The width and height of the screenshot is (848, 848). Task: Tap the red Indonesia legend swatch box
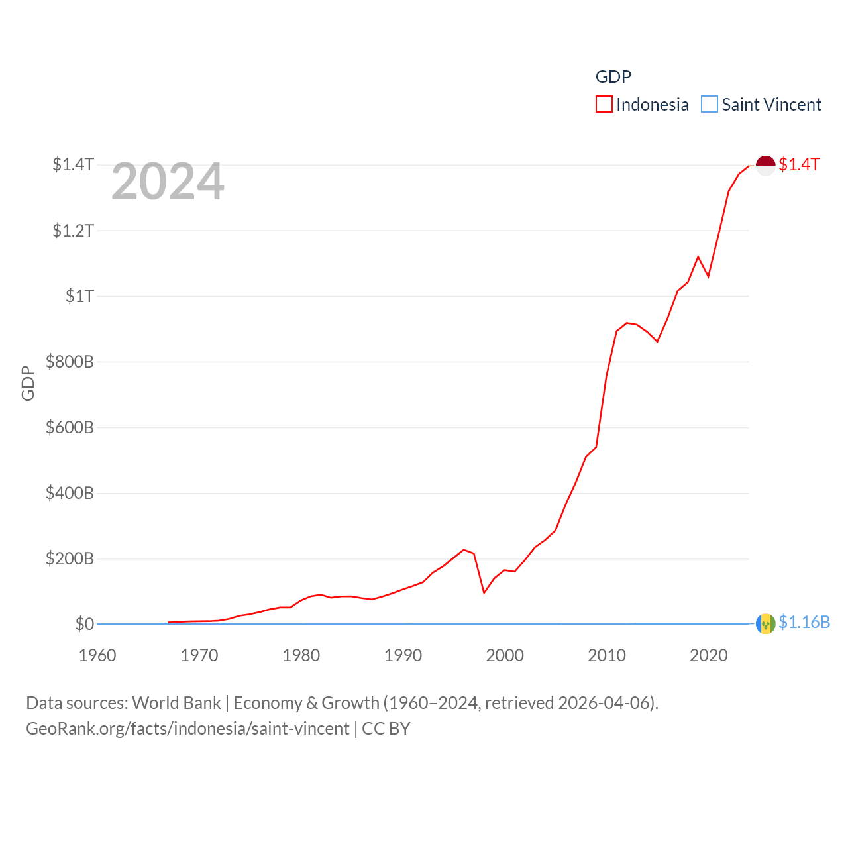pos(604,105)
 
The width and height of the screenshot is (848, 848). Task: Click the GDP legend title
pos(613,77)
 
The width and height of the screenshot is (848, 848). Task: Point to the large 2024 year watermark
pos(168,182)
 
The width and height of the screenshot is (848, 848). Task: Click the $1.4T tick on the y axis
pos(73,164)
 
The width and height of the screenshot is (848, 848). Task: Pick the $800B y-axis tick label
pos(70,362)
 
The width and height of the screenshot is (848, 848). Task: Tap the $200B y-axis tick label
pos(70,558)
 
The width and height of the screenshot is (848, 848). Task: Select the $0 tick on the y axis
pos(84,624)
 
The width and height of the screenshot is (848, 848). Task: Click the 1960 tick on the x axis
pos(97,655)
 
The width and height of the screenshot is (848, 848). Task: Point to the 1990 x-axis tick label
pos(403,655)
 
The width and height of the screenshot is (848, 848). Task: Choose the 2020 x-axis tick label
pos(708,655)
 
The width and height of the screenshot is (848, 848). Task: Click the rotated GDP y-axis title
pos(28,383)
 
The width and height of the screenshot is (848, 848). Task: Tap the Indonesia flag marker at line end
pos(765,165)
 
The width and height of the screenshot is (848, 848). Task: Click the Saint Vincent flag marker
pos(765,623)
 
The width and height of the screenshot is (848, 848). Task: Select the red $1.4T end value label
pos(799,164)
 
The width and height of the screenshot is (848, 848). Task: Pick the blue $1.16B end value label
pos(804,622)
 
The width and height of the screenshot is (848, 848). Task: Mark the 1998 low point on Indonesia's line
pos(484,592)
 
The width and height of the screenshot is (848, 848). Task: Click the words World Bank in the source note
pos(176,702)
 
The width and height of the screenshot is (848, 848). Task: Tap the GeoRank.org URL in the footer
pos(187,729)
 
